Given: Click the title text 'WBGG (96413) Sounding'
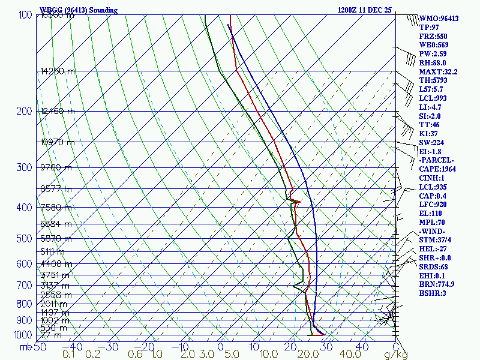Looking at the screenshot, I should (x=79, y=10).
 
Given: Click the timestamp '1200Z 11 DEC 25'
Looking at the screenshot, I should (x=364, y=10).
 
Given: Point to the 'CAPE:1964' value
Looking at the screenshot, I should (x=437, y=169).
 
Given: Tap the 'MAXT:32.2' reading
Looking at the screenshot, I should (x=438, y=72).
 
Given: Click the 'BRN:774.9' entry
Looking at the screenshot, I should (x=436, y=284).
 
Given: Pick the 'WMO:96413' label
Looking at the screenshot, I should (x=439, y=19).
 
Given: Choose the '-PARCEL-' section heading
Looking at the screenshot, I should (x=436, y=160).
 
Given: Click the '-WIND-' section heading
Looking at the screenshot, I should (x=433, y=231).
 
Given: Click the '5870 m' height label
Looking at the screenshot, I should (x=56, y=239).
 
